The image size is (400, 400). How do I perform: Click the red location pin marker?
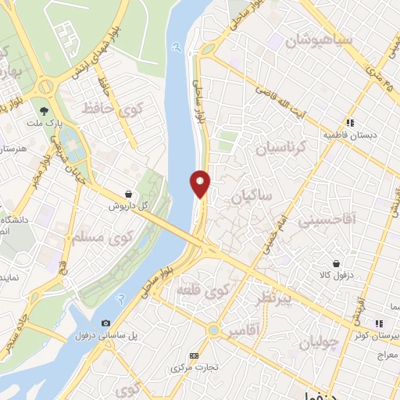pyautogui.click(x=201, y=183)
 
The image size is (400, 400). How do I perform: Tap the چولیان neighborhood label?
pyautogui.click(x=319, y=341)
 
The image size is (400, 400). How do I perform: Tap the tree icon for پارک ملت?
pyautogui.click(x=44, y=111)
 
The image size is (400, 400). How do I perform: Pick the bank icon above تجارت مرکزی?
pyautogui.click(x=194, y=355)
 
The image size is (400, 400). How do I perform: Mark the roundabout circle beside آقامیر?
pyautogui.click(x=213, y=330)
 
